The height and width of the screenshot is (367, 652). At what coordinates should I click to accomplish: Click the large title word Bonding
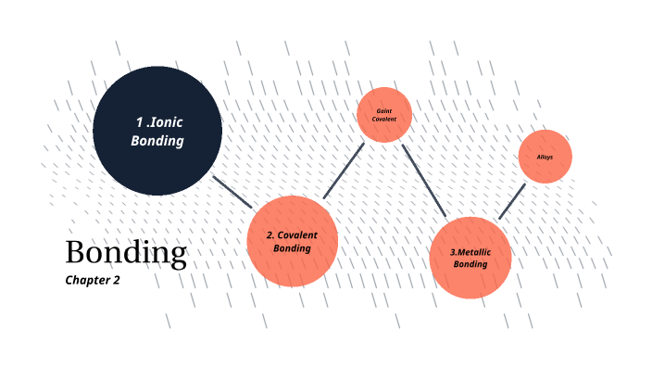(126, 253)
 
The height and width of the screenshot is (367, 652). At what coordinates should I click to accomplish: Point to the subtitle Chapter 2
(93, 279)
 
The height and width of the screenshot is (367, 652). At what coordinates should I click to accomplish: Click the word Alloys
(545, 157)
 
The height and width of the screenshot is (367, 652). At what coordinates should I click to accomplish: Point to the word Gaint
(383, 110)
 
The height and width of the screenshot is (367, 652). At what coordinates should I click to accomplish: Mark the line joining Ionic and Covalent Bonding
(232, 191)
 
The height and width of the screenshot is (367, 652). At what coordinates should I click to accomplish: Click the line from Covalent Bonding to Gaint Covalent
(343, 171)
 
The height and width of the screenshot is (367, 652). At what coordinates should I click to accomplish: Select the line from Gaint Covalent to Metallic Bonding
(424, 181)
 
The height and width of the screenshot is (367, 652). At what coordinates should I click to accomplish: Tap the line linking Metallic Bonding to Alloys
(512, 200)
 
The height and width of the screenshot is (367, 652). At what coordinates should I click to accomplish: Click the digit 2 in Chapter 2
(116, 279)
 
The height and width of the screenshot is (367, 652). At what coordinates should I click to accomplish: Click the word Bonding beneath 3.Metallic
(470, 264)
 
